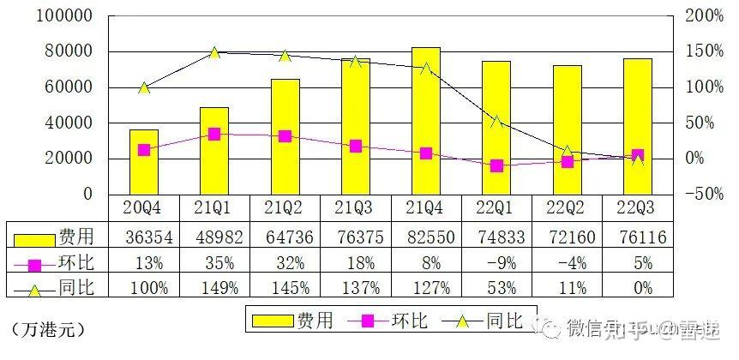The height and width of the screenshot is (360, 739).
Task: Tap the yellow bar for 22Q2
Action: (567, 129)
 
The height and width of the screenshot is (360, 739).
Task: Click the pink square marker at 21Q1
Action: (214, 134)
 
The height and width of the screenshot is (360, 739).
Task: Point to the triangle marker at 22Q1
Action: (496, 122)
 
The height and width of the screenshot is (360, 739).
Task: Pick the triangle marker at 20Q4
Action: (144, 87)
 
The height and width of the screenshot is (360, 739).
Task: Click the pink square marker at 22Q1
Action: (496, 165)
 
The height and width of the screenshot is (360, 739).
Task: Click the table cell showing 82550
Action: (425, 236)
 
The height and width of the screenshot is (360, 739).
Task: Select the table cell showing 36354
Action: (144, 236)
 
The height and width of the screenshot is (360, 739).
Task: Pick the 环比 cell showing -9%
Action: (496, 262)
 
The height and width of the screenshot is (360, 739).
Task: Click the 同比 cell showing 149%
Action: (214, 288)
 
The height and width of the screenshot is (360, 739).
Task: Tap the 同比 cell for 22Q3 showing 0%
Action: (637, 288)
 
